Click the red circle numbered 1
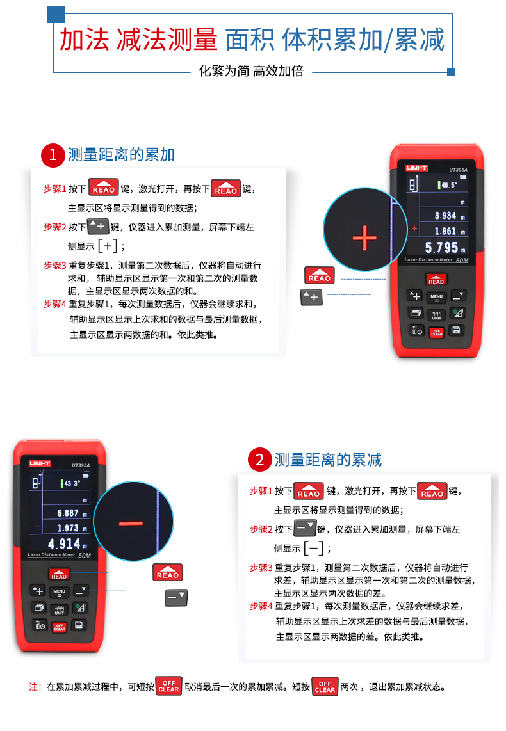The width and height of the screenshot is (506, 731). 53,156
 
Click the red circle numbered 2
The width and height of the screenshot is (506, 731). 260,460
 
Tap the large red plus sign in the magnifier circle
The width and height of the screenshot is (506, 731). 364,237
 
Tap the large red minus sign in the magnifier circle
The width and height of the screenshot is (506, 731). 131,524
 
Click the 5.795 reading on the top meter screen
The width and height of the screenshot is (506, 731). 442,248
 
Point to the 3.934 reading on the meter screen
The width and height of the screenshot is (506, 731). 445,215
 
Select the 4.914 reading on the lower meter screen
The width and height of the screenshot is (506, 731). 64,543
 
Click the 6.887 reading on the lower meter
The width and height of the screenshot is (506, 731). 68,513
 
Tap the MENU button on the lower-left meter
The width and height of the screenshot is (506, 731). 59,593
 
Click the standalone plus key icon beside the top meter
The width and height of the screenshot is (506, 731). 311,297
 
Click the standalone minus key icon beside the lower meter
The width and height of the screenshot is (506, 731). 176,597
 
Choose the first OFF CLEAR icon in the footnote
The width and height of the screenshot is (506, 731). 168,686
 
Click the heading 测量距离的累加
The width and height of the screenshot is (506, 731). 121,155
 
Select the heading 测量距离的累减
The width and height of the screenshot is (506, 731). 328,460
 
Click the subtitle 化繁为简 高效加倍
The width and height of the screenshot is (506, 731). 251,71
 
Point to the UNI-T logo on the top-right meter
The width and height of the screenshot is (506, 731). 416,168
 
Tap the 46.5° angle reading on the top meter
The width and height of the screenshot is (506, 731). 449,185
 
